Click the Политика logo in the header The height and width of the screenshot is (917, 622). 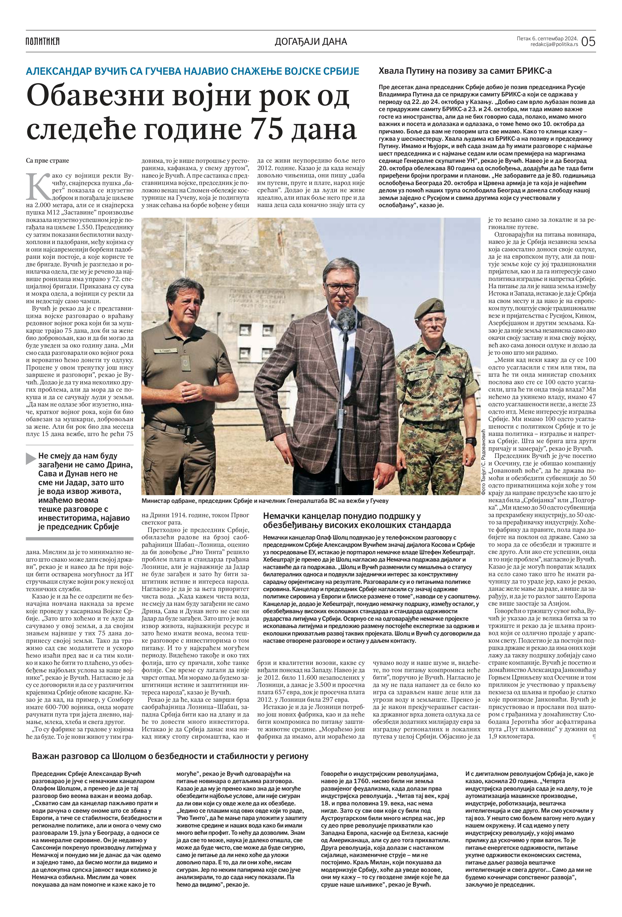pos(43,41)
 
